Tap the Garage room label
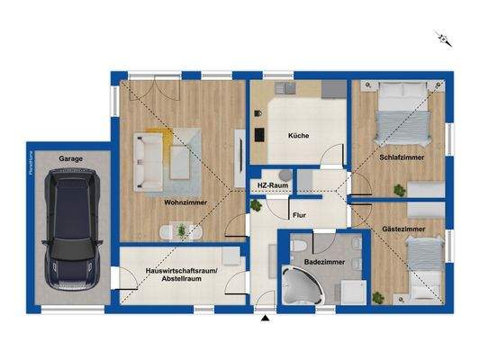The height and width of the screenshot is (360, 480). [71, 158]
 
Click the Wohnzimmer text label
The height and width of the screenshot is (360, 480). [186, 202]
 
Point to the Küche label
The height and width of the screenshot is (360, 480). [298, 136]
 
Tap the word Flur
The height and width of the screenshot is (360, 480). [299, 215]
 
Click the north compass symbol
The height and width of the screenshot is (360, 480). [442, 38]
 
